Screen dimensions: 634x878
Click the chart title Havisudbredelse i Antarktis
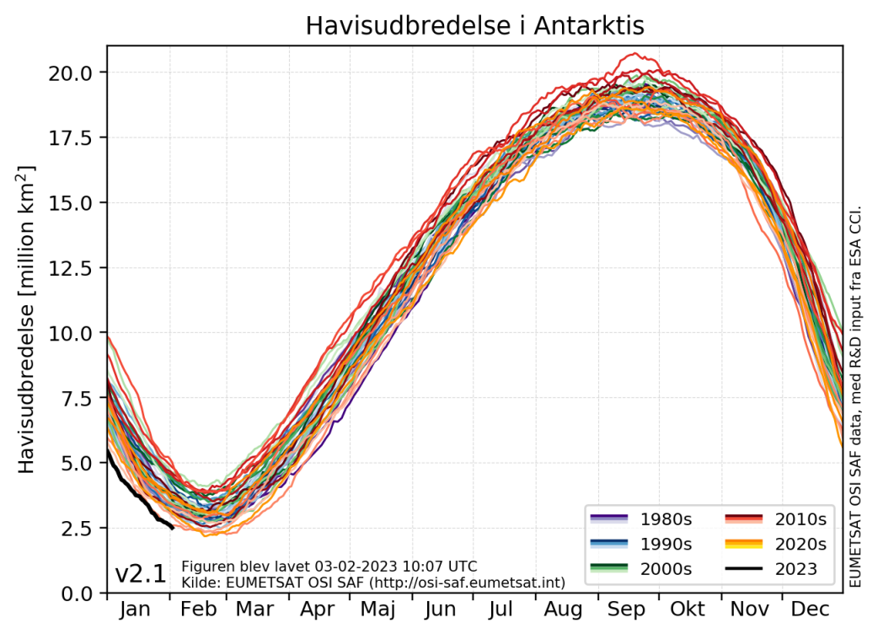point(474,25)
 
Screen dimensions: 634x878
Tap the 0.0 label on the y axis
point(83,594)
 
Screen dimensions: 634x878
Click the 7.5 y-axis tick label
point(83,399)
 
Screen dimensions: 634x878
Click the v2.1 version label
point(141,575)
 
